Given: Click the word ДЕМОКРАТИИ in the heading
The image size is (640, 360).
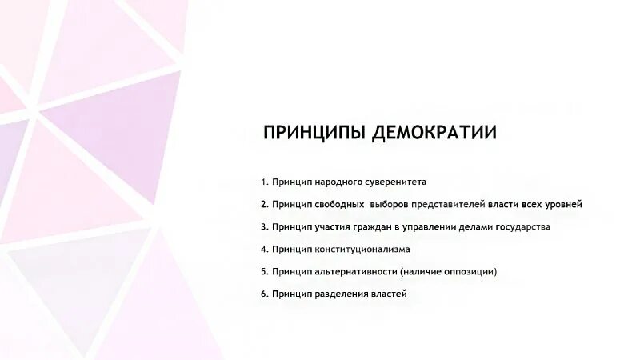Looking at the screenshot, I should pyautogui.click(x=434, y=133).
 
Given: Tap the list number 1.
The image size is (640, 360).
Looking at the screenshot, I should pyautogui.click(x=263, y=182).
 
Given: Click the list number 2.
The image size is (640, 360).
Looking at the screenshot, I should pyautogui.click(x=263, y=204).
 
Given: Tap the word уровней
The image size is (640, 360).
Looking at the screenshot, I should pyautogui.click(x=562, y=204).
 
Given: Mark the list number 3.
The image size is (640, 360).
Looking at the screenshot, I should pyautogui.click(x=263, y=226).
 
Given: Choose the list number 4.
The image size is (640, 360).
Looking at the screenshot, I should pyautogui.click(x=263, y=249).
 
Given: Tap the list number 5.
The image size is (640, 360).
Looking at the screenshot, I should pyautogui.click(x=263, y=271).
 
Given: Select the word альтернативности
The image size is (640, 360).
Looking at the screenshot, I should pyautogui.click(x=353, y=271).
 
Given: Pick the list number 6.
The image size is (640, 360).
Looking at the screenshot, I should pyautogui.click(x=263, y=294).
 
